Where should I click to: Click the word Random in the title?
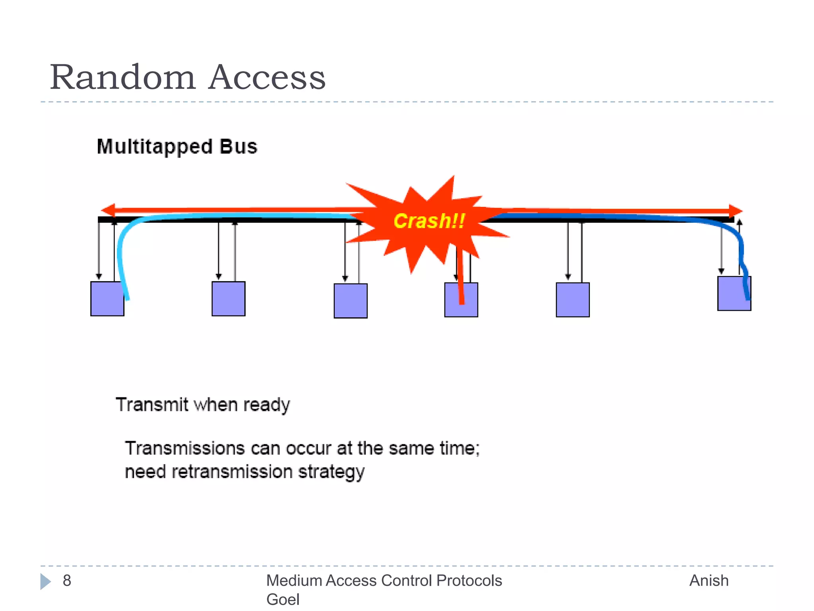(x=122, y=77)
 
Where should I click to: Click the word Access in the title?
(x=267, y=77)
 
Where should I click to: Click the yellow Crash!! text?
(x=428, y=221)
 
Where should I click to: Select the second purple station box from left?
(x=229, y=299)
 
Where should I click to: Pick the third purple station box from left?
(x=351, y=301)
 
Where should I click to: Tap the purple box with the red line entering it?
(x=461, y=300)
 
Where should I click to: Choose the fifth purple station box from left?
(x=573, y=300)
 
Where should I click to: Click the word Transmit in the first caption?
(x=152, y=405)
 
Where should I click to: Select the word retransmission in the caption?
(x=232, y=472)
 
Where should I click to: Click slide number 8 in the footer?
(x=67, y=581)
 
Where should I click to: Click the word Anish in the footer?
(x=709, y=581)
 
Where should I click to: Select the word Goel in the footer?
(x=283, y=599)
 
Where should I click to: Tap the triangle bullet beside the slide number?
(x=45, y=582)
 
